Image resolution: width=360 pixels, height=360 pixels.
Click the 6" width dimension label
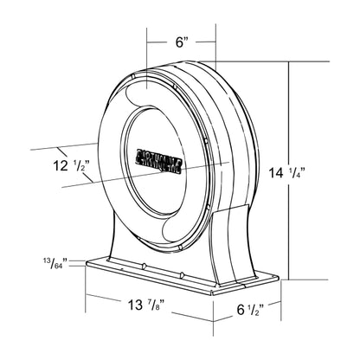(180, 42)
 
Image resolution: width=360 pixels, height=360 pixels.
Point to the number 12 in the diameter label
(56, 164)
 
